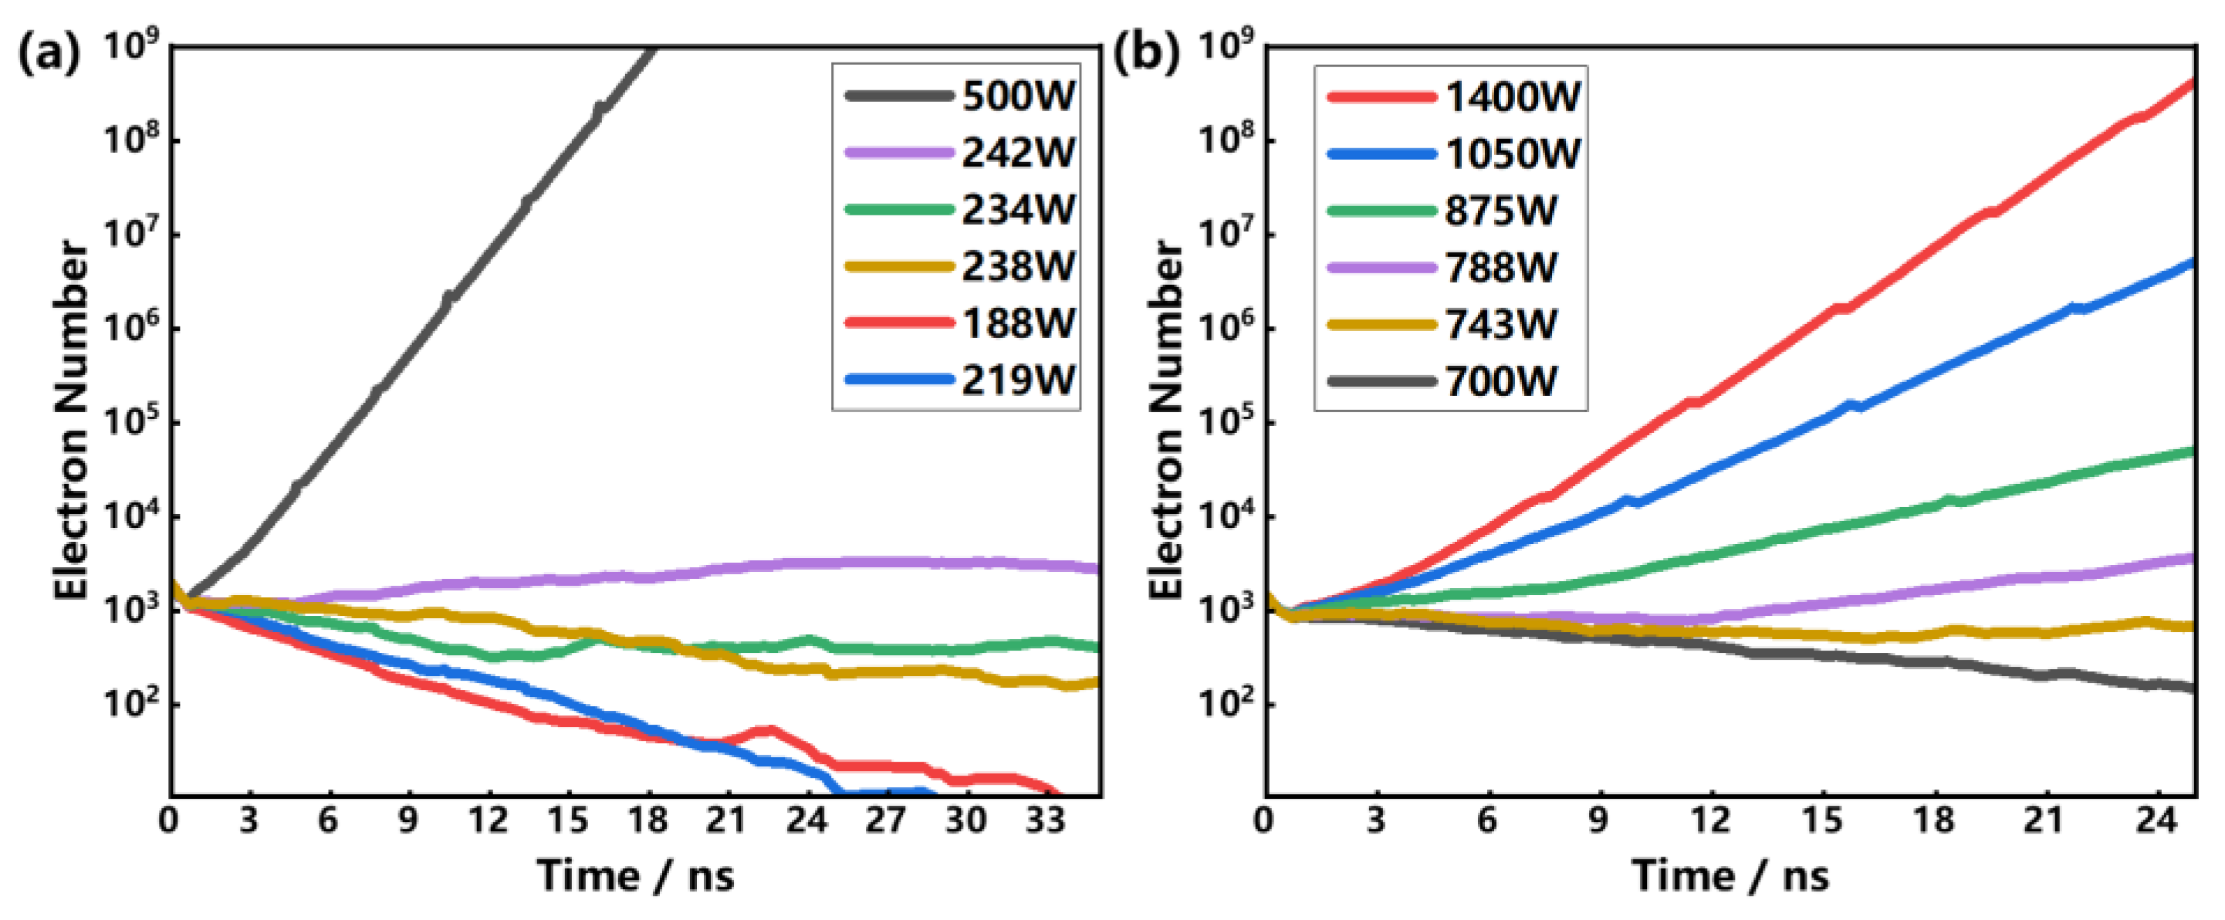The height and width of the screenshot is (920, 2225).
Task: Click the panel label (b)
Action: click(1145, 53)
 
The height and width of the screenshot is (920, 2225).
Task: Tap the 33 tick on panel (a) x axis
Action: click(1044, 819)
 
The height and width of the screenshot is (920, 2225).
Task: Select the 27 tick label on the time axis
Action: click(885, 819)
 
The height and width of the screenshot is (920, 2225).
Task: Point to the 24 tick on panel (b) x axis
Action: click(2156, 819)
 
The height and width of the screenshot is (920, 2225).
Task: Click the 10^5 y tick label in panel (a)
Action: click(130, 423)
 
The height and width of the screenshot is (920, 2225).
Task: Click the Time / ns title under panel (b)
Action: click(1730, 876)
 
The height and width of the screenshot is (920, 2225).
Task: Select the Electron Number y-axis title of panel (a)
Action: click(71, 420)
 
